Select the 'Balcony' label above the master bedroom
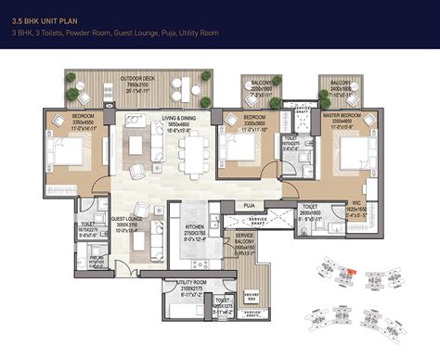tap(340, 85)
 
